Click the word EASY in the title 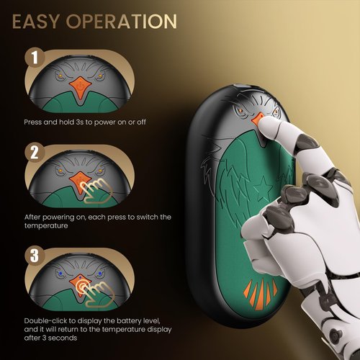35,22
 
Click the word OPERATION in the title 122,22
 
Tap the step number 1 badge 35,58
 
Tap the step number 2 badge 35,153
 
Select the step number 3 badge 35,256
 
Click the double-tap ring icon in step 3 81,286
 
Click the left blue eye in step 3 60,273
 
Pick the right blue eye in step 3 100,273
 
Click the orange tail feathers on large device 261,294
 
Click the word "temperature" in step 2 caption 46,226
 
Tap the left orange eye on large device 240,111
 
